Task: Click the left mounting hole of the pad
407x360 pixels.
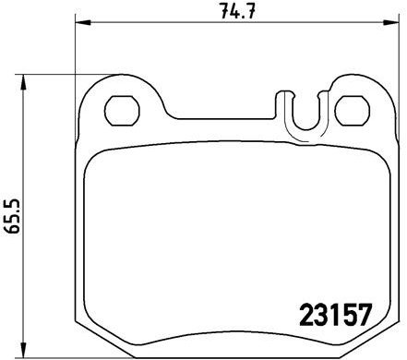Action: pos(121,111)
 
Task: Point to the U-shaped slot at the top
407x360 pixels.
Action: pos(304,116)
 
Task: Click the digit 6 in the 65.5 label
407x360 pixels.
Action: pos(13,232)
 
